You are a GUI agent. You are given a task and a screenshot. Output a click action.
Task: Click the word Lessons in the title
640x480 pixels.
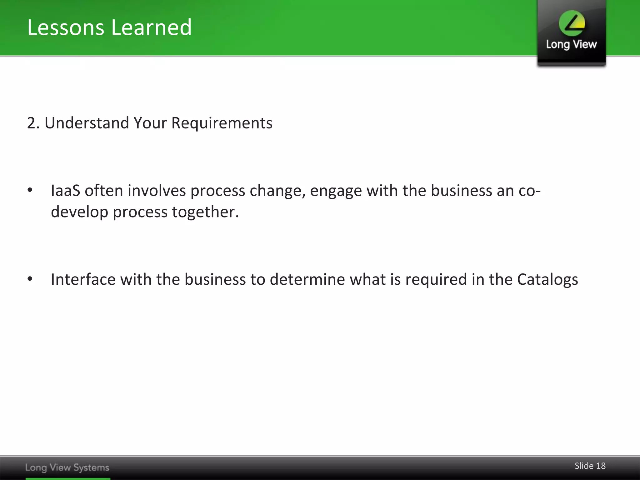[x=66, y=27]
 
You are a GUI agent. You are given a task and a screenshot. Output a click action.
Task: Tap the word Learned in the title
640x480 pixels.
[x=151, y=27]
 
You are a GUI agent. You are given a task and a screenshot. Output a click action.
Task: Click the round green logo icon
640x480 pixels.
[x=572, y=23]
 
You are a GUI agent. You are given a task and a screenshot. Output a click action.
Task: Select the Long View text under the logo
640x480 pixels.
[x=571, y=45]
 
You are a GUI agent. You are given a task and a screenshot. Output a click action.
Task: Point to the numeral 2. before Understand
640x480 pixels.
[x=33, y=123]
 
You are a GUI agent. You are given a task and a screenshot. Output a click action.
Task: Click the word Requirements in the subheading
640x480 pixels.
[x=222, y=123]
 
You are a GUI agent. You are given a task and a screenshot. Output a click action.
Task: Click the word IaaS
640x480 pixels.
[x=65, y=191]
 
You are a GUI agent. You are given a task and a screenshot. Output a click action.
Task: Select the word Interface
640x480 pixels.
[x=83, y=279]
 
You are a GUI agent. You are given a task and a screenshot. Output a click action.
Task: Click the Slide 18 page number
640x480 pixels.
[x=590, y=466]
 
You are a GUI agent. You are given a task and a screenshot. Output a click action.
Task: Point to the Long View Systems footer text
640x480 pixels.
[x=67, y=467]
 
